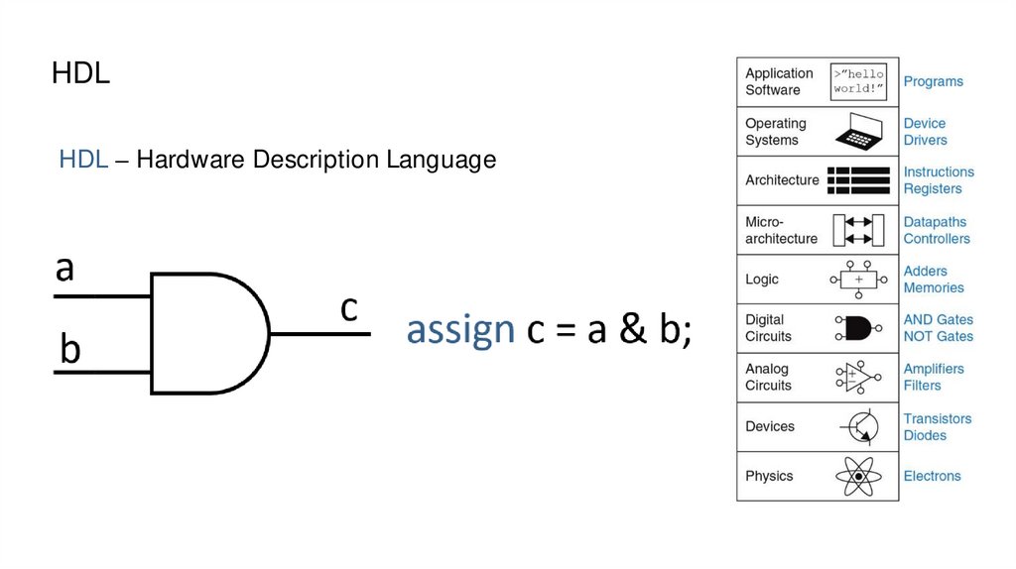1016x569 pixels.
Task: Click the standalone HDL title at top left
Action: tap(80, 74)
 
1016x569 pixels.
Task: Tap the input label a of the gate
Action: tap(64, 268)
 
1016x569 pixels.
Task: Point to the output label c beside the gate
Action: tap(348, 308)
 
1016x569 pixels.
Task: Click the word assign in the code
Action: tap(460, 330)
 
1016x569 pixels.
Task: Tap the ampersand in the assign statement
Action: tap(632, 330)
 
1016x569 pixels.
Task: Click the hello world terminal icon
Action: tap(858, 81)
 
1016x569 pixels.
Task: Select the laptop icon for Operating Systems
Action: tap(858, 131)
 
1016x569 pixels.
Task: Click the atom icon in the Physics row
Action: tap(858, 476)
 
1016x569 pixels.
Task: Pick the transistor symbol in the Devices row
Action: tap(859, 426)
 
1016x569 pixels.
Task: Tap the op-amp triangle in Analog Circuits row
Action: tap(859, 378)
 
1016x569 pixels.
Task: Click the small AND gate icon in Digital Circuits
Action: tap(857, 328)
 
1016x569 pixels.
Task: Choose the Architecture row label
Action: tap(782, 180)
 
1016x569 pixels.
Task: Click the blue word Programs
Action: tap(933, 81)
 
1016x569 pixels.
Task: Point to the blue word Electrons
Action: tap(932, 476)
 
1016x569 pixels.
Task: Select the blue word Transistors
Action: tap(938, 418)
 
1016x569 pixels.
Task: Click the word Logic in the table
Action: tap(762, 280)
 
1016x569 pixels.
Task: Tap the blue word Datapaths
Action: tap(935, 222)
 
